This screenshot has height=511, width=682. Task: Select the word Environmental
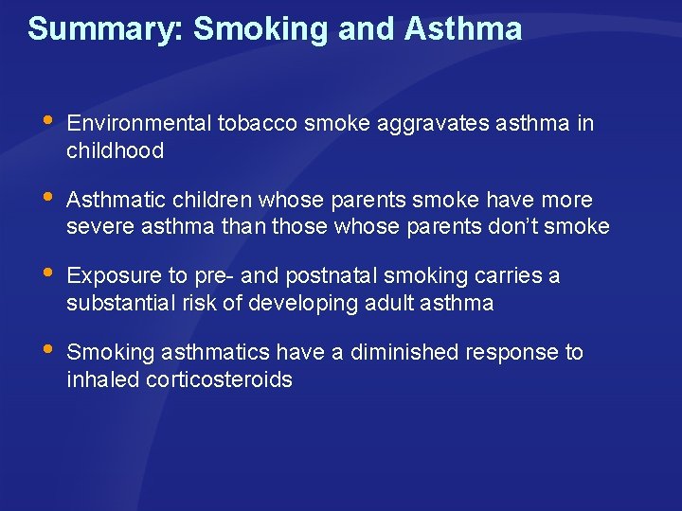(x=139, y=124)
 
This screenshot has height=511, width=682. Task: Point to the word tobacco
(x=254, y=124)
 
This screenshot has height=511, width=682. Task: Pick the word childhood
(x=116, y=150)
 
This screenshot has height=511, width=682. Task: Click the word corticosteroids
(x=216, y=379)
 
